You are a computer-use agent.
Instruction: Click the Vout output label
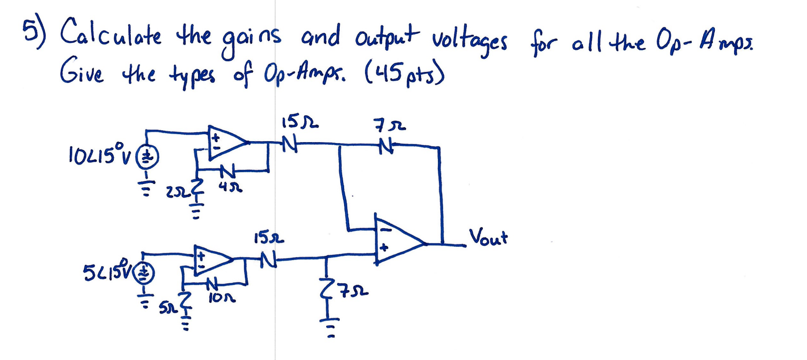click(488, 237)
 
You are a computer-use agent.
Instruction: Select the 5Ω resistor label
click(167, 308)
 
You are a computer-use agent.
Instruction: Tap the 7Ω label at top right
click(390, 125)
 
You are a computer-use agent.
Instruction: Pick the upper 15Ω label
click(300, 121)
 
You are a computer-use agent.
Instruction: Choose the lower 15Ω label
click(269, 237)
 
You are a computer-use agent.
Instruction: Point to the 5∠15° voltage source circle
click(145, 272)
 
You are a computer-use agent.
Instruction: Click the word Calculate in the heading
click(110, 33)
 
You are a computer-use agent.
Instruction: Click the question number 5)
click(34, 31)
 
